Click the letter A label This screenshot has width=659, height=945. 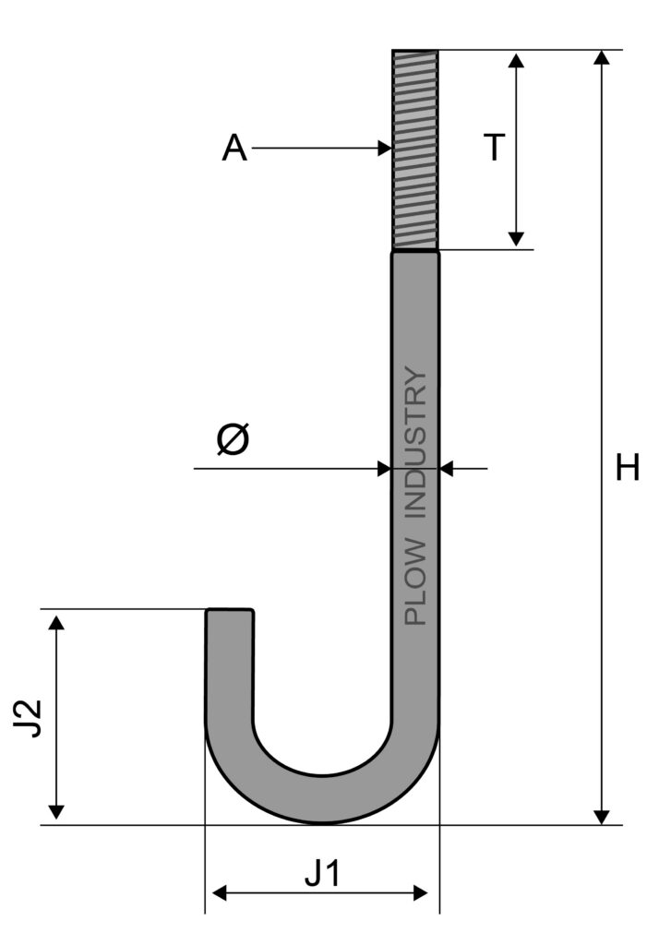(234, 149)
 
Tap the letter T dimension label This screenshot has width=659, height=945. (494, 148)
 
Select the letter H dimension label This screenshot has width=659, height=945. (627, 468)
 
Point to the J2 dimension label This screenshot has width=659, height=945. (28, 718)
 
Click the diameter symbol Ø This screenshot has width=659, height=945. (233, 438)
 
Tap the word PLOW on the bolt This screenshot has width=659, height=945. (415, 582)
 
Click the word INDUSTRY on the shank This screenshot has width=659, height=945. (415, 442)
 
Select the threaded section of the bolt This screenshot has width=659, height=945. (414, 150)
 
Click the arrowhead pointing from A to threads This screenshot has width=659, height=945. (385, 148)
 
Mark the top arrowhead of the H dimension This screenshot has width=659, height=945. (601, 57)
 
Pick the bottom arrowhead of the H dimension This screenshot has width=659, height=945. (601, 818)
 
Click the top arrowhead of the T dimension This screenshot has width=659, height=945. (516, 60)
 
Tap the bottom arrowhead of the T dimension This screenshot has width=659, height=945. (516, 239)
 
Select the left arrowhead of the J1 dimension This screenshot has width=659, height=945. (220, 892)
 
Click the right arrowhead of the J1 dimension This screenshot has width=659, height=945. (420, 892)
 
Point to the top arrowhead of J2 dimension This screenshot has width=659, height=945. (55, 622)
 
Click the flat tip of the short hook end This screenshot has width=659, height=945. (229, 611)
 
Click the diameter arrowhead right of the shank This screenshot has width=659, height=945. (447, 468)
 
